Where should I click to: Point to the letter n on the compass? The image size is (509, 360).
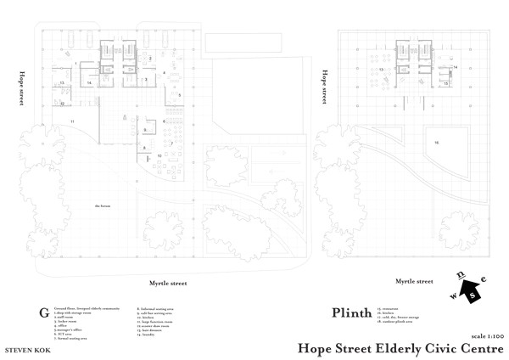(x=461, y=275)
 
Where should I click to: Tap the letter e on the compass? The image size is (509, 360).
(x=484, y=279)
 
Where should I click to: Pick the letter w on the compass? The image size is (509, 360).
(x=453, y=296)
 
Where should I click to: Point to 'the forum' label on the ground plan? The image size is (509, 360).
(x=103, y=205)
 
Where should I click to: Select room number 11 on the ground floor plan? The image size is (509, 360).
(x=73, y=122)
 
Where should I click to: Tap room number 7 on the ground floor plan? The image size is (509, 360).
(x=171, y=143)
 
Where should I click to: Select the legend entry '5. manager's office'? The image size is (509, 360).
(x=70, y=329)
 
